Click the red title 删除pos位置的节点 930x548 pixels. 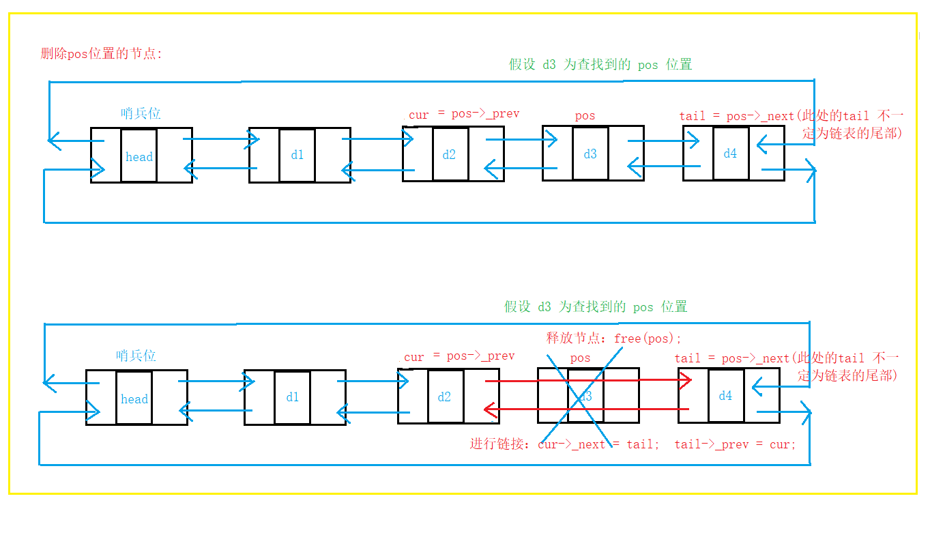click(101, 54)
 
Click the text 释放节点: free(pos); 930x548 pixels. click(613, 338)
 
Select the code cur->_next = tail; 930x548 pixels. click(598, 444)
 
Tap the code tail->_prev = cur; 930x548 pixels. click(735, 444)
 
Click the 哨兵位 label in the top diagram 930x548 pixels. click(141, 113)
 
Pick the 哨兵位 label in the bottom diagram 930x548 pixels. click(136, 356)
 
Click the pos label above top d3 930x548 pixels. click(585, 116)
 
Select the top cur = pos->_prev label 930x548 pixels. click(463, 114)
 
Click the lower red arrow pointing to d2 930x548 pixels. click(587, 409)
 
